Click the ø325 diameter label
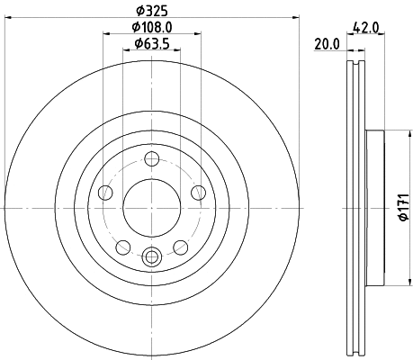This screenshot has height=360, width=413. [150, 11]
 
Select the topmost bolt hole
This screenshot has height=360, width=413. [150, 160]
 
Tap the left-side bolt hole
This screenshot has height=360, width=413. [105, 192]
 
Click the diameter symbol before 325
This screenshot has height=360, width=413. [135, 11]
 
